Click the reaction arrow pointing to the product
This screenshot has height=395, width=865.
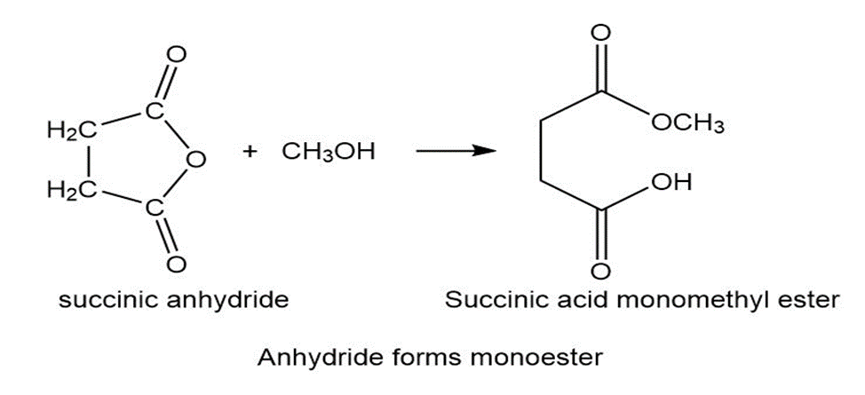point(453,151)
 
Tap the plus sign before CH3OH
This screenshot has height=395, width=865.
point(251,152)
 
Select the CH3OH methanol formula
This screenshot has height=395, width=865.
point(329,151)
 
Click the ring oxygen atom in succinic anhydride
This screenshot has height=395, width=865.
point(195,160)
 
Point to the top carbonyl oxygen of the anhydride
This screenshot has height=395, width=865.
point(176,56)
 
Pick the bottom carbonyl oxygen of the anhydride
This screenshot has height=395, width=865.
point(176,264)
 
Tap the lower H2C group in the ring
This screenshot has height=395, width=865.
point(72,190)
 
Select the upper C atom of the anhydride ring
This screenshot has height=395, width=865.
point(155,111)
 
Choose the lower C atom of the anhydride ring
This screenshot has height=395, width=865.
point(155,209)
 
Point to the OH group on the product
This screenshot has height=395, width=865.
point(671,181)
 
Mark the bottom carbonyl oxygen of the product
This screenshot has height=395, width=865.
point(600,272)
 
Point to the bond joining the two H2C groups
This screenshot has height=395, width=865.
point(89,161)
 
